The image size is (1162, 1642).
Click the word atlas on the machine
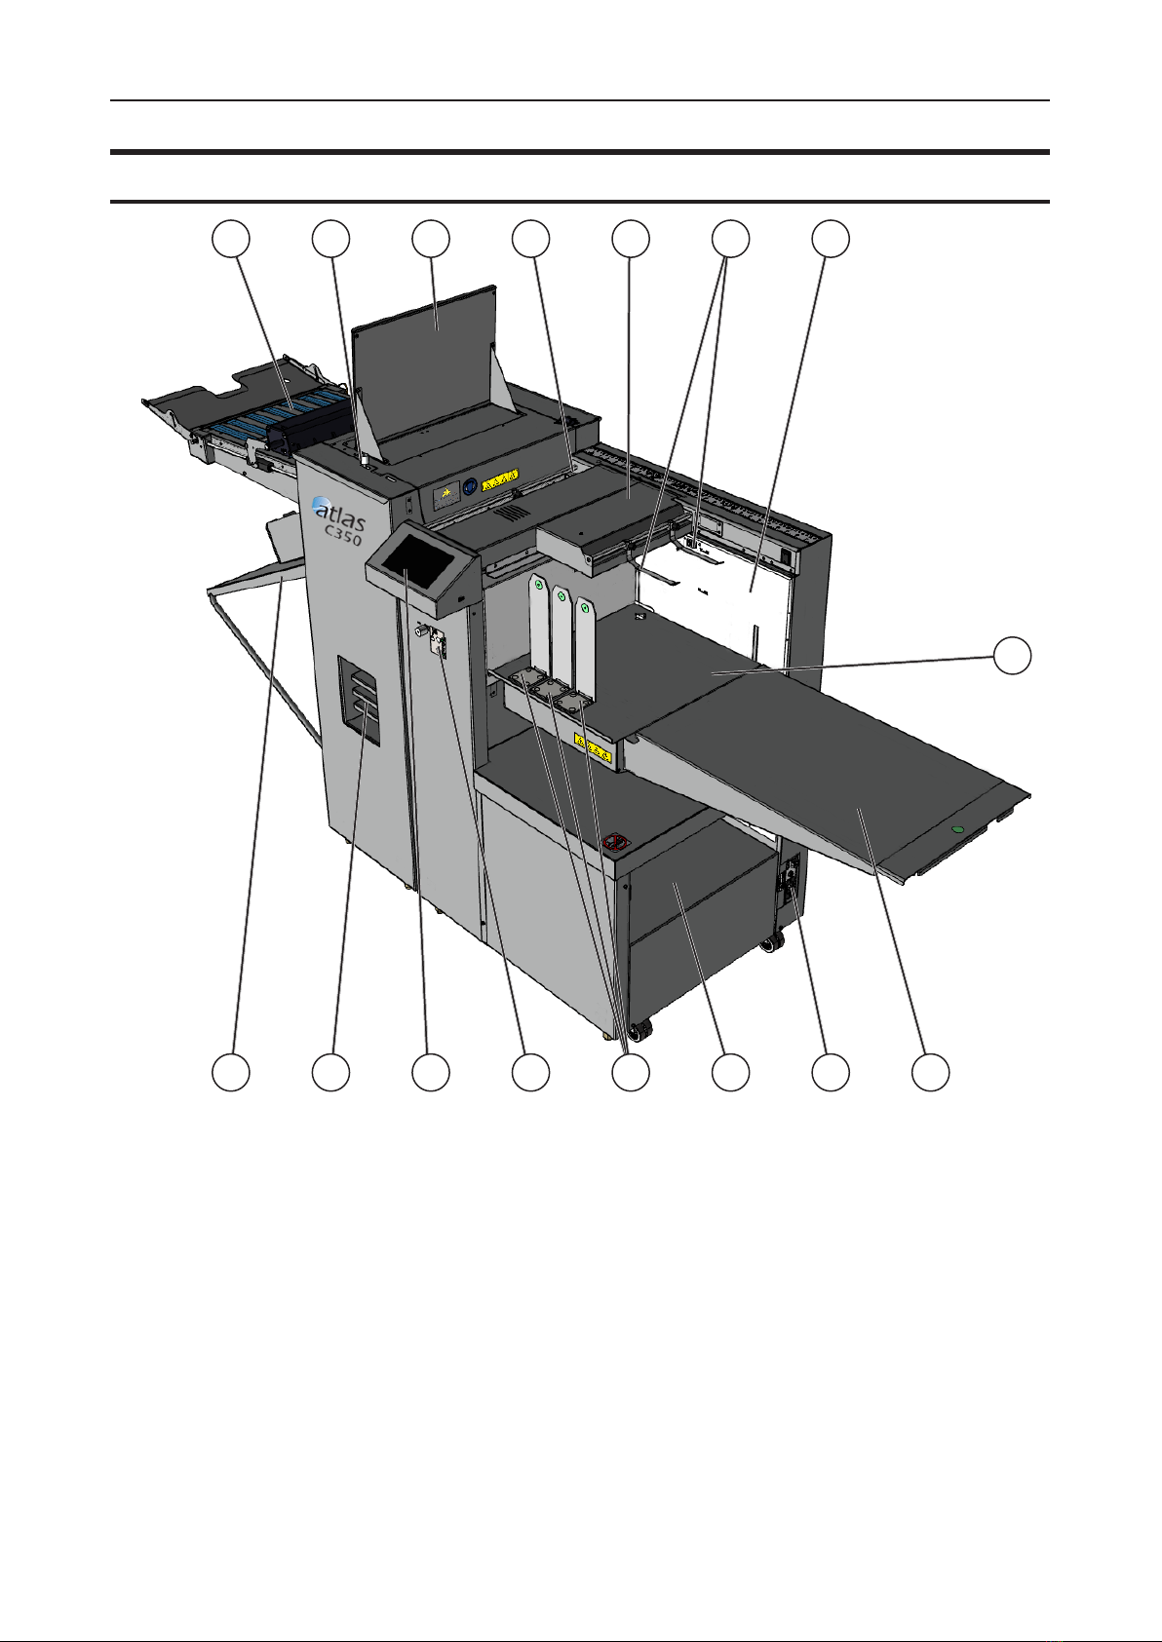(x=339, y=515)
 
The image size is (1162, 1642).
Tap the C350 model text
(x=344, y=534)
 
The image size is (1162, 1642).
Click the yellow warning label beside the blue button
(x=499, y=479)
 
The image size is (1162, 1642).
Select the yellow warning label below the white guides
(x=593, y=747)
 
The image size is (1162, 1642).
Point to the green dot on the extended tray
(x=956, y=830)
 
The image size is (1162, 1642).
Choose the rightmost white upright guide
(x=584, y=646)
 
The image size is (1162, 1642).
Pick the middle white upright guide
(x=562, y=635)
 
